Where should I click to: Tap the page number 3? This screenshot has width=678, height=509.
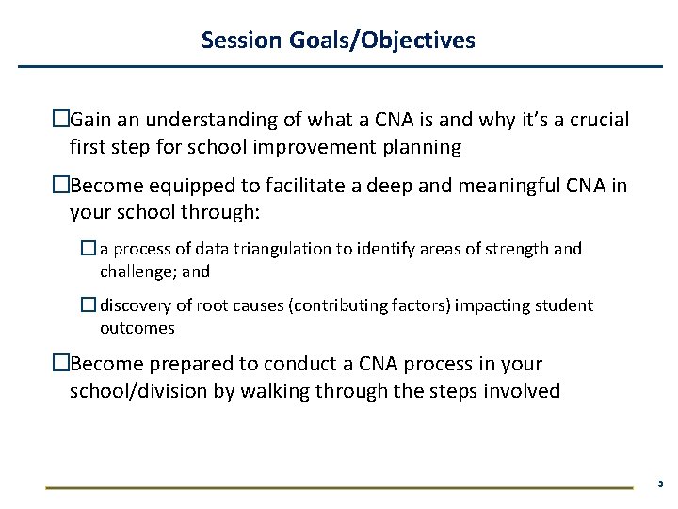coord(660,484)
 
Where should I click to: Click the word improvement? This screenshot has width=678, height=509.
coord(302,147)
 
